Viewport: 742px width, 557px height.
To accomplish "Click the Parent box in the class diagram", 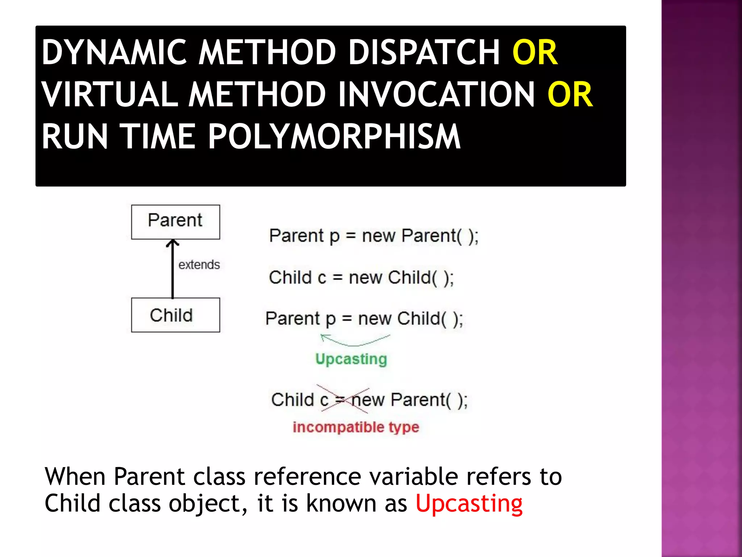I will coord(175,222).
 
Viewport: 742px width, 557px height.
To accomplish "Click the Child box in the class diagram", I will coord(175,315).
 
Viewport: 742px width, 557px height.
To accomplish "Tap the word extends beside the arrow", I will coord(199,265).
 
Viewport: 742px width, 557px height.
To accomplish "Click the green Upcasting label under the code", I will coord(351,359).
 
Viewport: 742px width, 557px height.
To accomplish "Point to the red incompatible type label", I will coord(356,427).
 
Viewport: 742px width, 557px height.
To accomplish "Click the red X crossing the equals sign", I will coord(343,399).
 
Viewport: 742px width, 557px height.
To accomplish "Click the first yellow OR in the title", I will coord(535,53).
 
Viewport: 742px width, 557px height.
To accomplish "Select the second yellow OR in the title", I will coord(570,95).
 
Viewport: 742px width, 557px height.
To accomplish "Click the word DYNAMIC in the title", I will coord(114,53).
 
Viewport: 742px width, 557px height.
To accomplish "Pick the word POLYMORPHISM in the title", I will coord(334,137).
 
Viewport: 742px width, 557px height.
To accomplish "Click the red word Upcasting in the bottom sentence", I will coord(469,503).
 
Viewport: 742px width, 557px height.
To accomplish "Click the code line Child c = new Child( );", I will coord(361,278).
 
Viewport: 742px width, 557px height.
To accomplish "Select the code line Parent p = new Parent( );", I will coord(374,236).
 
